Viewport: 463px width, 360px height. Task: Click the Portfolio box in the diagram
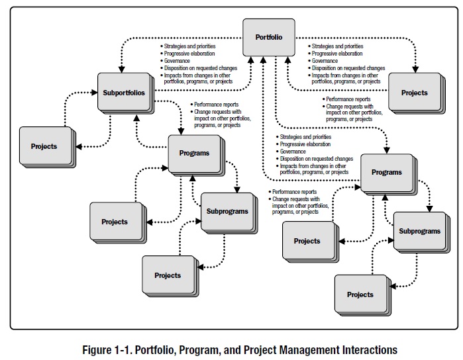click(x=268, y=37)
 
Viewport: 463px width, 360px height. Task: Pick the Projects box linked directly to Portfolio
click(x=414, y=93)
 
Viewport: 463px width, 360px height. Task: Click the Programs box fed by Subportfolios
click(x=193, y=154)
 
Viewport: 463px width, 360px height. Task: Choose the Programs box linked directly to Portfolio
click(x=386, y=173)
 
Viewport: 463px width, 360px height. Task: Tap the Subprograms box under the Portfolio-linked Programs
click(x=419, y=232)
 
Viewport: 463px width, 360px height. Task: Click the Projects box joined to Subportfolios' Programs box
click(x=114, y=222)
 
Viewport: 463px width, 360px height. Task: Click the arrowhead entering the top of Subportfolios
click(x=121, y=69)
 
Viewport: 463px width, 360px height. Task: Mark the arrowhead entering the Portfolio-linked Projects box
click(x=415, y=69)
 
